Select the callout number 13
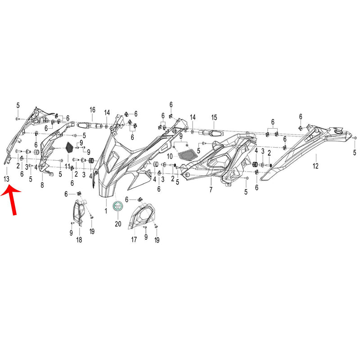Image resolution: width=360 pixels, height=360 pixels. pos(7,180)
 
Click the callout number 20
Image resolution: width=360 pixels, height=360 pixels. pos(118,224)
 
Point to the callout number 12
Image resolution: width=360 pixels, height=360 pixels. pos(315,166)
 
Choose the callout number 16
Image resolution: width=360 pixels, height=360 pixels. pos(92,110)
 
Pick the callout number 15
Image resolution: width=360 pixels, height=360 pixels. pos(214,117)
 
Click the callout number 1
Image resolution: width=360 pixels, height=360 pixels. pos(107,210)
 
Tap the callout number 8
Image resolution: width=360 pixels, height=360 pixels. pos(42,184)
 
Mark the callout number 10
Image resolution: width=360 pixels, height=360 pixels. pos(170,156)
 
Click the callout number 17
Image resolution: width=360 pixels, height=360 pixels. pos(134,240)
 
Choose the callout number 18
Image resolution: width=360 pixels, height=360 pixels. pos(79,240)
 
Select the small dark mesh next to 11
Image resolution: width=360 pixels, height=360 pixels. pos(69,147)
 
